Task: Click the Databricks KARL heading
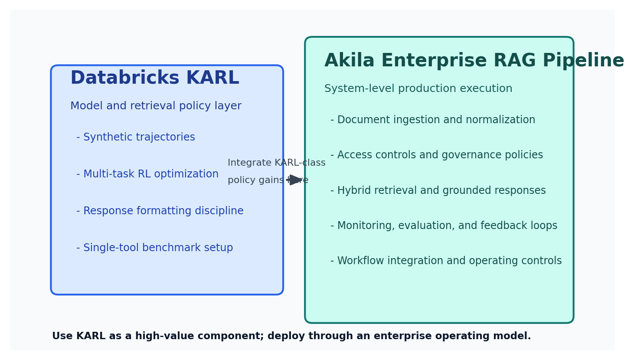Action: (x=154, y=79)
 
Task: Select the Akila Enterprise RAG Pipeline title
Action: (x=474, y=61)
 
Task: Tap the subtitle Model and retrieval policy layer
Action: (x=156, y=106)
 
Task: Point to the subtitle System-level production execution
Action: (x=418, y=89)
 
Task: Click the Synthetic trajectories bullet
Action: (x=136, y=137)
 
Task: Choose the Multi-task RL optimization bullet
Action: (x=147, y=174)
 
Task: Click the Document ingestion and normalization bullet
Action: (x=433, y=120)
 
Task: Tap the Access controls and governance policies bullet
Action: (x=437, y=155)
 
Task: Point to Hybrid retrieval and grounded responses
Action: (x=438, y=191)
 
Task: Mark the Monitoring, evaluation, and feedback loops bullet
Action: (x=444, y=226)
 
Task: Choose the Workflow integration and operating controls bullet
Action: (x=446, y=261)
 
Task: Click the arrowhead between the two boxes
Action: (x=296, y=180)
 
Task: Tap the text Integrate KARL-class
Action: (x=276, y=163)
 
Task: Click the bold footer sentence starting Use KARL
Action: (x=291, y=336)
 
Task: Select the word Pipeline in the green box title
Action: (x=583, y=61)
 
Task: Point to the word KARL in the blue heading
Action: (x=212, y=79)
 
